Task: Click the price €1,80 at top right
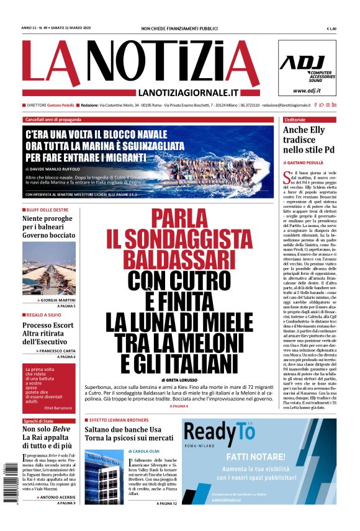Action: pos(331,29)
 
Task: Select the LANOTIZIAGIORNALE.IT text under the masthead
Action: pos(189,92)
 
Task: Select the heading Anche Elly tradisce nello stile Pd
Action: pos(308,140)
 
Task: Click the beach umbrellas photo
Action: pos(49,268)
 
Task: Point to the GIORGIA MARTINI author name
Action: pos(58,300)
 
